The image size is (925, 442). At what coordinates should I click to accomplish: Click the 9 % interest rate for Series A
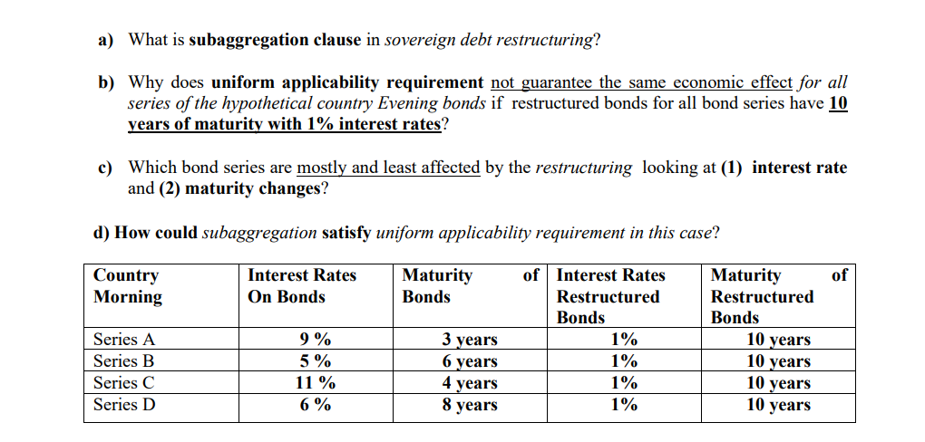[315, 340]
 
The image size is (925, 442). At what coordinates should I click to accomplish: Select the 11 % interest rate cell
[315, 383]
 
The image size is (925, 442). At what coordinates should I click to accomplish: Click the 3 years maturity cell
[469, 340]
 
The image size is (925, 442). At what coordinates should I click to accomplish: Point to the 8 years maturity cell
[469, 405]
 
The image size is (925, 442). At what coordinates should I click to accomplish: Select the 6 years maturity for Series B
[469, 361]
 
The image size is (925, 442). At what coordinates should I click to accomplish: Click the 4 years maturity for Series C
[469, 383]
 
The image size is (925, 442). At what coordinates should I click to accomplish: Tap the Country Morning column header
[127, 285]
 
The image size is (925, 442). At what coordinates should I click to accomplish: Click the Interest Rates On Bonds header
[301, 285]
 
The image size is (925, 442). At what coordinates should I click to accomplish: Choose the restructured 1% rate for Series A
[623, 340]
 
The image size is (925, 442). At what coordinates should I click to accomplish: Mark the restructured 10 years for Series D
[778, 405]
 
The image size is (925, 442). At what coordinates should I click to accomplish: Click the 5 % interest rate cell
[315, 361]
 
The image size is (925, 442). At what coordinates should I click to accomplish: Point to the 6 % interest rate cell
[315, 405]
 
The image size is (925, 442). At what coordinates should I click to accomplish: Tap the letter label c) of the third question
[105, 168]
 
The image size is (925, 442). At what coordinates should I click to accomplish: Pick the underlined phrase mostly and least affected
[388, 168]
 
